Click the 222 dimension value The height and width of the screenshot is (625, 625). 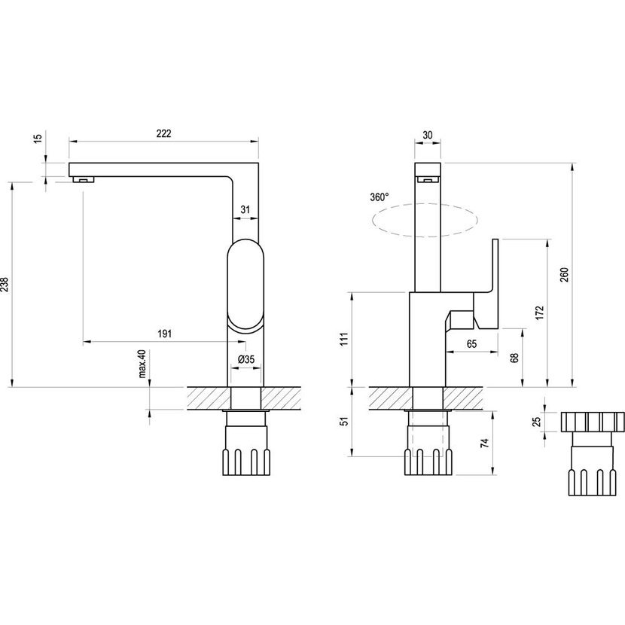coord(164,133)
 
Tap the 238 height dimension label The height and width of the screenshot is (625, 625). coord(6,284)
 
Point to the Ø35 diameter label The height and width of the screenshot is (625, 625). coord(246,360)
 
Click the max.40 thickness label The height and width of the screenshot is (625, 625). coord(141,366)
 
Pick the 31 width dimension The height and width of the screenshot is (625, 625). coord(245,210)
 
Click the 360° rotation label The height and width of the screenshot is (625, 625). coord(380,197)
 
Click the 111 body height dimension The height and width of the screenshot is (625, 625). coord(343,340)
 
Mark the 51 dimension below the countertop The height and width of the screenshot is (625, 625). coord(343,422)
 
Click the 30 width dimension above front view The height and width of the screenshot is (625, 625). coord(428,134)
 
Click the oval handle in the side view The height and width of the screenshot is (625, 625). coord(245,285)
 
